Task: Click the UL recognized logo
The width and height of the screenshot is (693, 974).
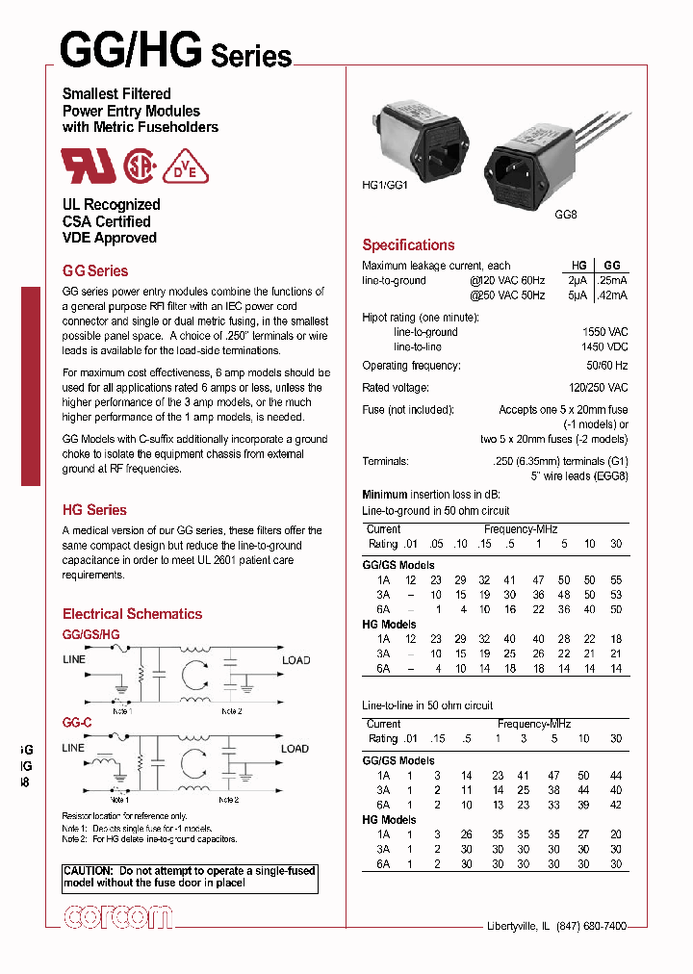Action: pyautogui.click(x=89, y=166)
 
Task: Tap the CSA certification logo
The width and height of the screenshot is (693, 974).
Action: pyautogui.click(x=141, y=166)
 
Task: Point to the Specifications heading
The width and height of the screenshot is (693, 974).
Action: pyautogui.click(x=408, y=244)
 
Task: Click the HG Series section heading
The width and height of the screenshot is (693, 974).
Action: pyautogui.click(x=94, y=510)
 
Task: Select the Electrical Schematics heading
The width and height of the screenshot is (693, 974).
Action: pyautogui.click(x=132, y=613)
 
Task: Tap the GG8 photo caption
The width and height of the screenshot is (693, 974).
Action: pyautogui.click(x=565, y=218)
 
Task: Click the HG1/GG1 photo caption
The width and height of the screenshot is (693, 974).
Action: pyautogui.click(x=386, y=185)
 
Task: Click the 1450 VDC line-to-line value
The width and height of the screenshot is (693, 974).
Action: pyautogui.click(x=604, y=346)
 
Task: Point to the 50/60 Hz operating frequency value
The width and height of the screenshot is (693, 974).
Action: pyautogui.click(x=607, y=366)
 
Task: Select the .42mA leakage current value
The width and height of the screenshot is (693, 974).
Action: pyautogui.click(x=611, y=295)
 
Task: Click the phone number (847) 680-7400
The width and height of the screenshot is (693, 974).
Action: pyautogui.click(x=584, y=926)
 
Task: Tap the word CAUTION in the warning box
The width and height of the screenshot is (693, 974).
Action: pyautogui.click(x=89, y=870)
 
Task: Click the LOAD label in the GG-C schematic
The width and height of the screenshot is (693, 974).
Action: pyautogui.click(x=295, y=748)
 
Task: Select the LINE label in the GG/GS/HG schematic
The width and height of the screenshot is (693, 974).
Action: pyautogui.click(x=74, y=659)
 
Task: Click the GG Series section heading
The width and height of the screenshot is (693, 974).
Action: pyautogui.click(x=94, y=270)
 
